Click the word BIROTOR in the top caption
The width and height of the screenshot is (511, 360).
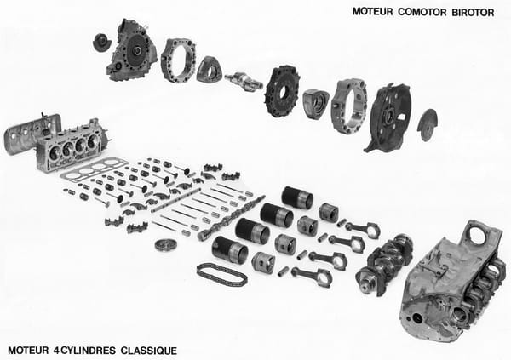(x=473, y=13)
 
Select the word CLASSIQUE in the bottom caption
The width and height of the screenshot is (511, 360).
(x=149, y=351)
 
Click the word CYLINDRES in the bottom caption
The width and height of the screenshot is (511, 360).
(x=88, y=351)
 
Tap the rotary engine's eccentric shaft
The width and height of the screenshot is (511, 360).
(x=245, y=82)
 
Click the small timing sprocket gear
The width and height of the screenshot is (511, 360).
(x=166, y=244)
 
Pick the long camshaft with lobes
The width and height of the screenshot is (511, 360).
(x=232, y=218)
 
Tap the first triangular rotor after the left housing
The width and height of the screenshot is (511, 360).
(x=210, y=70)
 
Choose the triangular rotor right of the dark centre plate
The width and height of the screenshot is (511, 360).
(x=315, y=103)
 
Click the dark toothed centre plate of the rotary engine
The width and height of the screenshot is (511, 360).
(x=282, y=91)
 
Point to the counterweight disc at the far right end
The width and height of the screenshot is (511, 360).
(x=428, y=125)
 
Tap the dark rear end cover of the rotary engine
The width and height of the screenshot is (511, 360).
(x=388, y=118)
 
